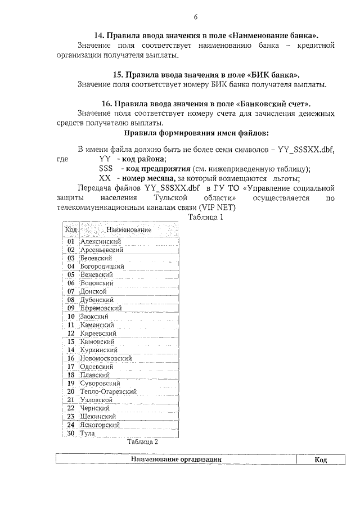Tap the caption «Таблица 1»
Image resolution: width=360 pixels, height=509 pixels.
coord(206,217)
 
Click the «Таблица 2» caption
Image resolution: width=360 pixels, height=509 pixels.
coord(142,442)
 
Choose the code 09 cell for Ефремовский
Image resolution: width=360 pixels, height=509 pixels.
coord(71,308)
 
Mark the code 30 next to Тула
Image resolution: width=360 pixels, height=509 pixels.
coord(71,433)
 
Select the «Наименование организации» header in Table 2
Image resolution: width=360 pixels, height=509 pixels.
coord(175,460)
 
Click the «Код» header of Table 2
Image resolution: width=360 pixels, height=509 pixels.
coord(321,460)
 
